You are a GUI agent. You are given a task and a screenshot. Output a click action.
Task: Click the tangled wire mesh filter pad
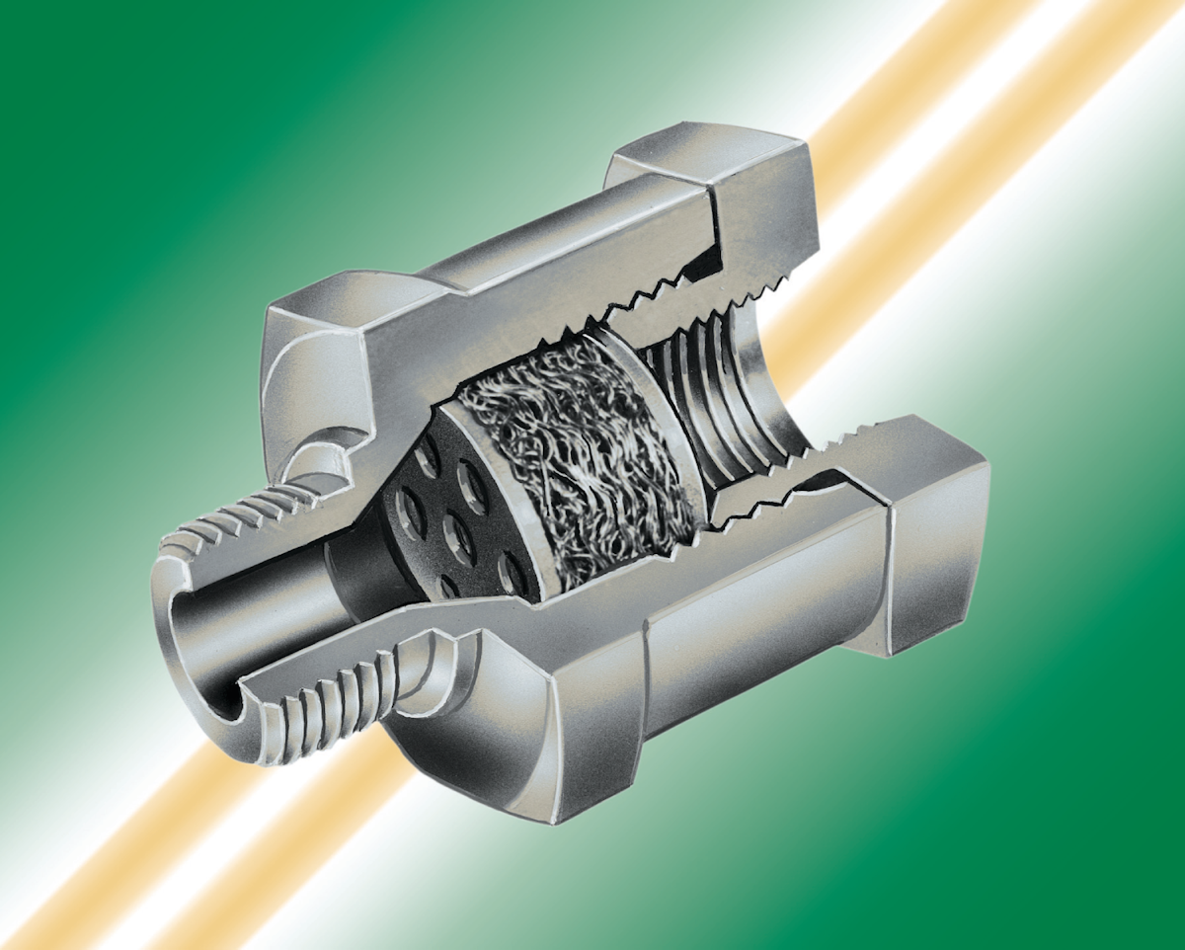point(583,454)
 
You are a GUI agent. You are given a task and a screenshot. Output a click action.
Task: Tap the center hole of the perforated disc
point(457,533)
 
